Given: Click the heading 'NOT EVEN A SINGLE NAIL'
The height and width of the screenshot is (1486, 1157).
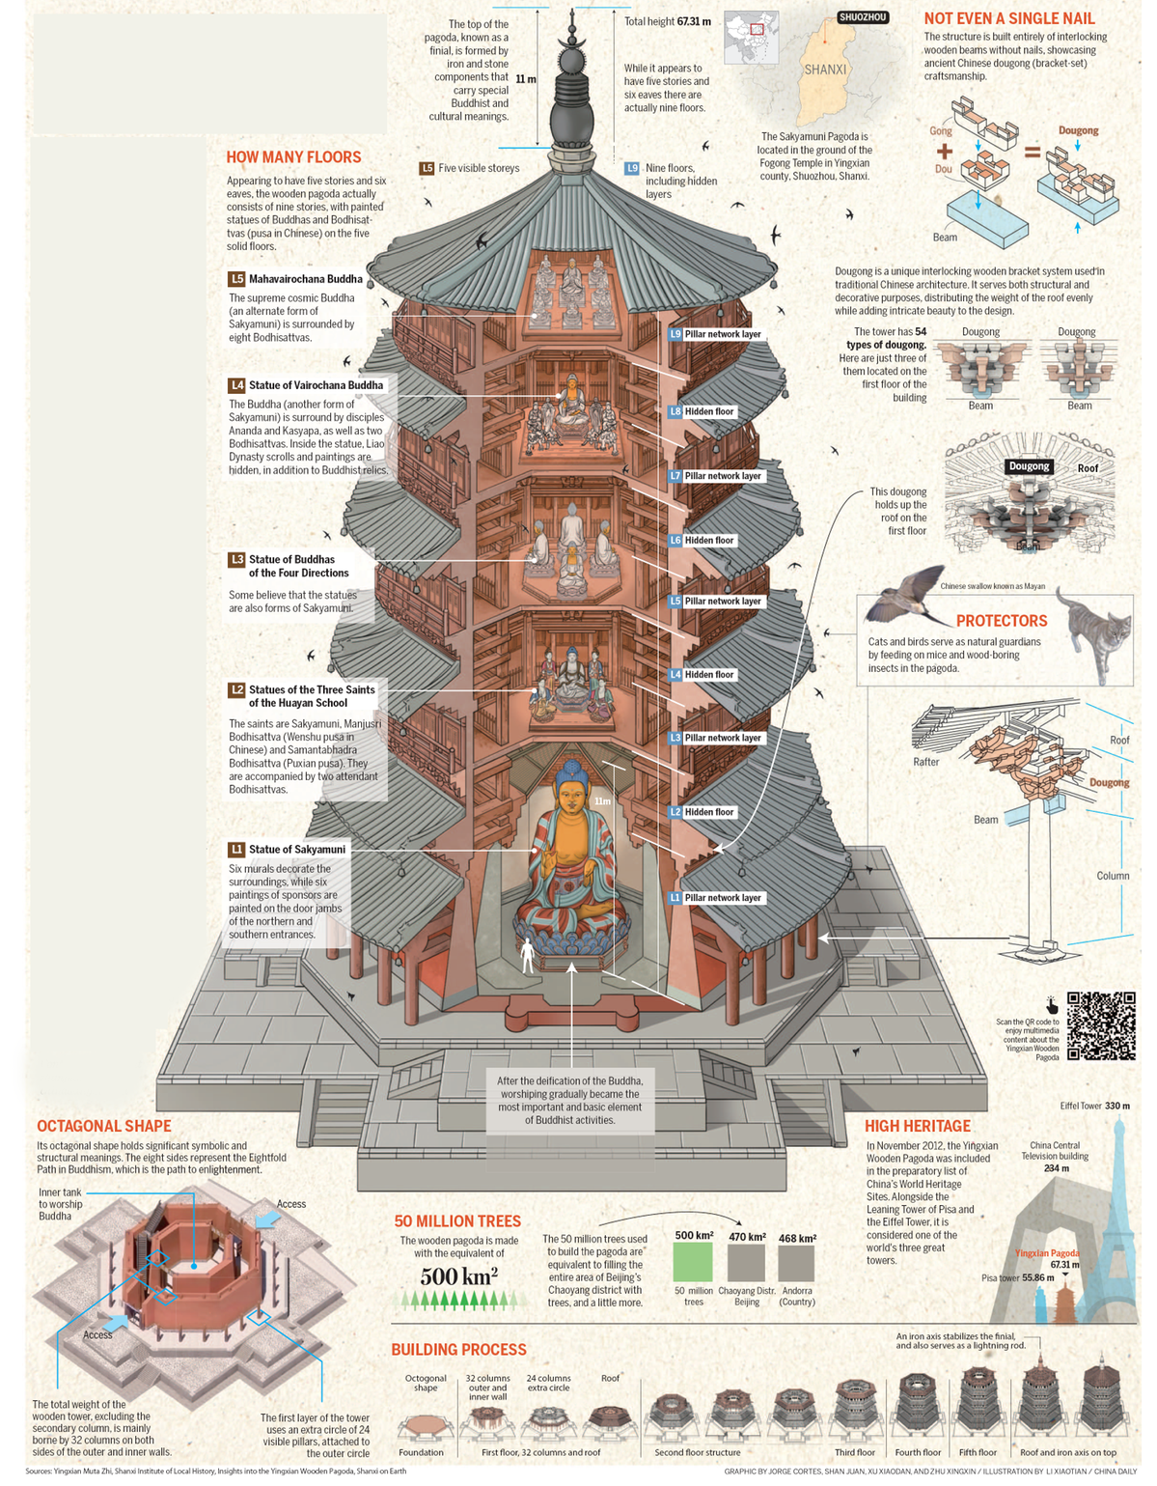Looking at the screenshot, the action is tap(1009, 18).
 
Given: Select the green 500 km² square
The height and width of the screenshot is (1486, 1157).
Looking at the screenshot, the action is tap(693, 1262).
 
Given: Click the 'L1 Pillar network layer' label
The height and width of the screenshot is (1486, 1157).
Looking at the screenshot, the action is tap(715, 898).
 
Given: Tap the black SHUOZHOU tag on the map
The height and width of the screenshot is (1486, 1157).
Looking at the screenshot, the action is tap(863, 17).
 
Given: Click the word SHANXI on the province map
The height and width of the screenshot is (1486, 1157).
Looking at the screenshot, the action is tap(825, 70).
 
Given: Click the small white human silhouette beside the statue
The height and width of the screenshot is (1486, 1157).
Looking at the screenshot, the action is tap(527, 955).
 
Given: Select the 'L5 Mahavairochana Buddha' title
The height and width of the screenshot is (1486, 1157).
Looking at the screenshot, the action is tap(295, 279).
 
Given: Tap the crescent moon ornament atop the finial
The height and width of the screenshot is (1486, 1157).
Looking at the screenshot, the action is tap(572, 41).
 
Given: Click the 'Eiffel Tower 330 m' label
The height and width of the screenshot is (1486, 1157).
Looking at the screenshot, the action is tap(1095, 1106).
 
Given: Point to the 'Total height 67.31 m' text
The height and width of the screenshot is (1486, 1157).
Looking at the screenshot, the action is tap(667, 21).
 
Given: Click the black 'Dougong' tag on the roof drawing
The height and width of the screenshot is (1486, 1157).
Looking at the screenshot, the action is tap(1029, 466).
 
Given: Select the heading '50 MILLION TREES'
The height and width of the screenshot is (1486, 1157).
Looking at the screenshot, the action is tap(457, 1221).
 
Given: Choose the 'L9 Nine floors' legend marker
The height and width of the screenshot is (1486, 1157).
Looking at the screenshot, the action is tap(632, 168).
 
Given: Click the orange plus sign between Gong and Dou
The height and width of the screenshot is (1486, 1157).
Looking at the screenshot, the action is tap(944, 152).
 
